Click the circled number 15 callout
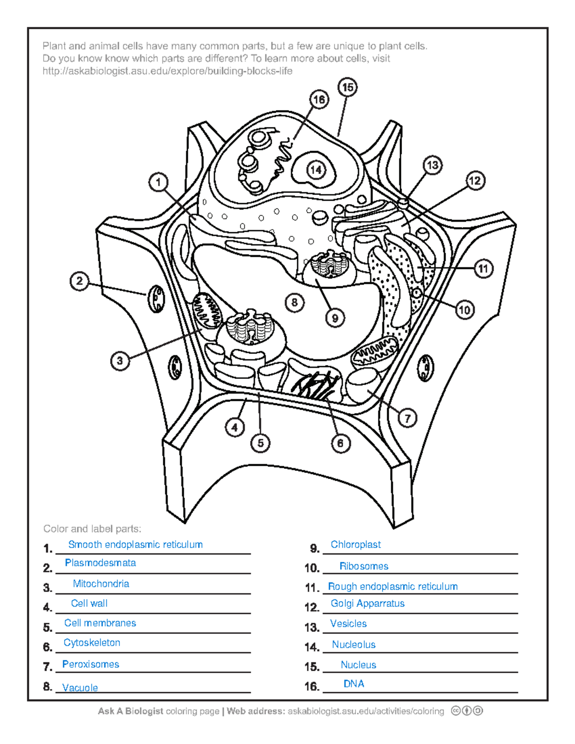[347, 87]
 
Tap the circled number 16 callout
[319, 100]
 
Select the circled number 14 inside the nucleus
[316, 170]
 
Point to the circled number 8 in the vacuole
[294, 302]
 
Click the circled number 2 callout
[80, 281]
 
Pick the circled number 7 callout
[407, 418]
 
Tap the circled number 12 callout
[475, 181]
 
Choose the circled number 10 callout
[464, 310]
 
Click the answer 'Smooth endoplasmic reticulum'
[135, 545]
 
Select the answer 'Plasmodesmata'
[100, 563]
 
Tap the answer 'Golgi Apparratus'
[368, 604]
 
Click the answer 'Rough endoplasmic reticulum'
[392, 586]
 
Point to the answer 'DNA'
[354, 684]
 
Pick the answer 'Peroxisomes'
[91, 664]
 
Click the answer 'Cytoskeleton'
[92, 643]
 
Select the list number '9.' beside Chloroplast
[314, 549]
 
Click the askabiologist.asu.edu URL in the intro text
[167, 71]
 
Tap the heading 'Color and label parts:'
[92, 529]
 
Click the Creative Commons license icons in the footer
[466, 711]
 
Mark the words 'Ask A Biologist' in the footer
[130, 711]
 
